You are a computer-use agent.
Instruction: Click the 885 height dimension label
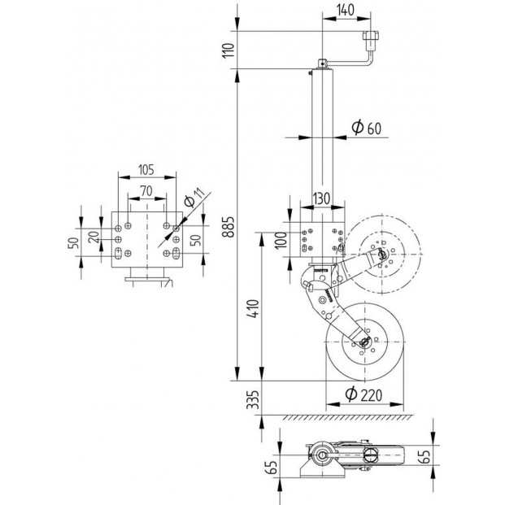pos(229,227)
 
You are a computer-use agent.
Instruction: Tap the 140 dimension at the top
pos(346,10)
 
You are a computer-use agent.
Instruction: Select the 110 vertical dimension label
pos(229,50)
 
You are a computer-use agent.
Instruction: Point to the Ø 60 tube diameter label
pos(366,128)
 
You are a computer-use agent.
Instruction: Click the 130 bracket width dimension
pos(321,198)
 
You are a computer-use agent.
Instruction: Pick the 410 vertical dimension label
pos(254,309)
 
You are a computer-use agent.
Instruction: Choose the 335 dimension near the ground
pos(253,399)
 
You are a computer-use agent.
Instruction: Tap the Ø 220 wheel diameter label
pos(364,394)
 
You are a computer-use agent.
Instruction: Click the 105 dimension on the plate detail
pos(146,170)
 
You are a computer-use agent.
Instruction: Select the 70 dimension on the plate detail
pos(146,191)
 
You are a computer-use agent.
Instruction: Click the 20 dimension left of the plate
pos(94,237)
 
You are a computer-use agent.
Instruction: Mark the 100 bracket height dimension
pos(281,240)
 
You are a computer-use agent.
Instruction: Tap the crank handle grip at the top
pos(371,35)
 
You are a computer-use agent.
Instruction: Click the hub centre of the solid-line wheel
pos(365,342)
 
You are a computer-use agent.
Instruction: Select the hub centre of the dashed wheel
pos(382,254)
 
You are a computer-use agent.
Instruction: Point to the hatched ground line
pos(348,417)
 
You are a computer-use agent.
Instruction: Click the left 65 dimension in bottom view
pos(272,467)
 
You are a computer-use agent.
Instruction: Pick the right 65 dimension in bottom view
pos(425,456)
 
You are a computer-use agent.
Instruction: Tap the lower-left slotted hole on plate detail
pos(118,253)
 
